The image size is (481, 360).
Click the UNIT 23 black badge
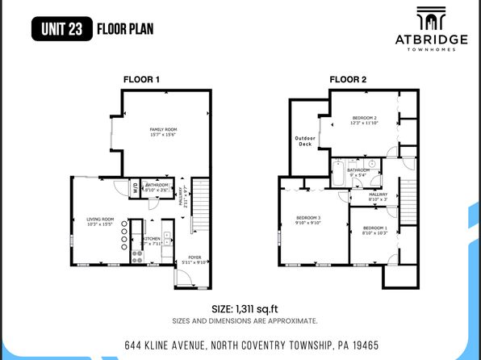point(60,30)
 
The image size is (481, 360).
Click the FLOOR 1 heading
point(141,79)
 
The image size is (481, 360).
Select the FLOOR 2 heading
point(348,79)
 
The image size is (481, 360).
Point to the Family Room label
point(163,132)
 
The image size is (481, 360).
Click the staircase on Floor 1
point(200,207)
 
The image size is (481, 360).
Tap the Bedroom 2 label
point(364,120)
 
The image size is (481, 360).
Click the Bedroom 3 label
point(308,220)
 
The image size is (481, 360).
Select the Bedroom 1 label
point(374,231)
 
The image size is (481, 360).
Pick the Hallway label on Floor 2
point(378,196)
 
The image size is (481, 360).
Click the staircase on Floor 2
point(409,202)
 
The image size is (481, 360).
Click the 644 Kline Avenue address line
point(251,345)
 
